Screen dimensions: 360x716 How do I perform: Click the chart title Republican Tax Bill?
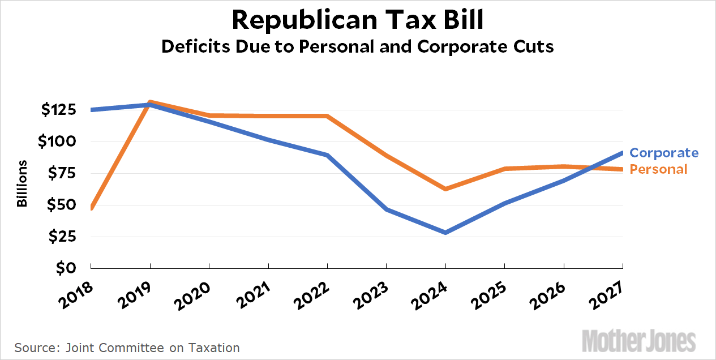point(358,20)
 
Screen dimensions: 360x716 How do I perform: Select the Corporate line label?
point(664,153)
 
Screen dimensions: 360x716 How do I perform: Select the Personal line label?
point(658,169)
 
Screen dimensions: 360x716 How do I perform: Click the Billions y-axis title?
point(22,184)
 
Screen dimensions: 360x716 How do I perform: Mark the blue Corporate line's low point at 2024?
point(445,232)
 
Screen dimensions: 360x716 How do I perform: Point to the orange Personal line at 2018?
point(91,207)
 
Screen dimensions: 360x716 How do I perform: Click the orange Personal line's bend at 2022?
point(327,116)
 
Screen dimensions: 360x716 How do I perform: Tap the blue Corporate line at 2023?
point(386,209)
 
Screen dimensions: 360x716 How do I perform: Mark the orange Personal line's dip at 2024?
point(445,188)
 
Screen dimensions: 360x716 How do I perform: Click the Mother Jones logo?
point(638,341)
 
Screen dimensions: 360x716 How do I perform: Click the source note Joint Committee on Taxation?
point(127,348)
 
